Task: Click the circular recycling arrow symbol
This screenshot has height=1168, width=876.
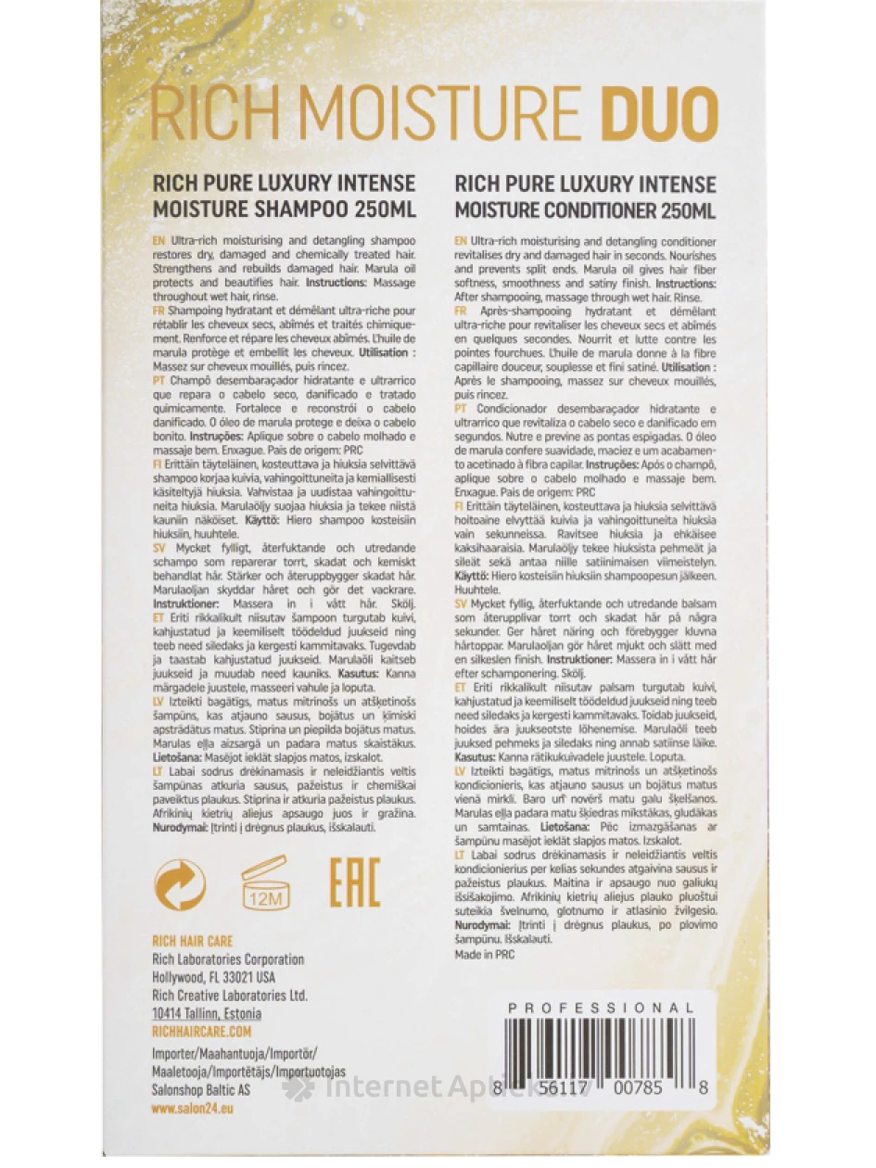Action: (180, 882)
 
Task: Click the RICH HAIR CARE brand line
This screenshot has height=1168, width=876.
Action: (193, 941)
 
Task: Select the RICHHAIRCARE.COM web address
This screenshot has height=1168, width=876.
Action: (201, 1030)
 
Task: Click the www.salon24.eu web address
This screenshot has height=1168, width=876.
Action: (192, 1108)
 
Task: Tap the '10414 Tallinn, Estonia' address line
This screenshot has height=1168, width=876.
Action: (207, 1012)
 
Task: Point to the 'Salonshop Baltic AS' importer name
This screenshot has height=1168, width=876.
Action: (201, 1090)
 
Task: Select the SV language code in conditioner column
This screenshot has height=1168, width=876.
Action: (461, 603)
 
